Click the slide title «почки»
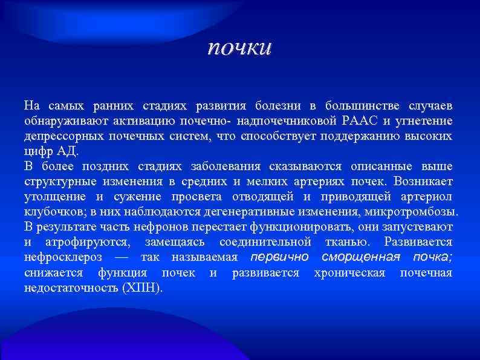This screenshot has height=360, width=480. [x=239, y=48]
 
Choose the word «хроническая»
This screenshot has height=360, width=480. [x=349, y=273]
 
